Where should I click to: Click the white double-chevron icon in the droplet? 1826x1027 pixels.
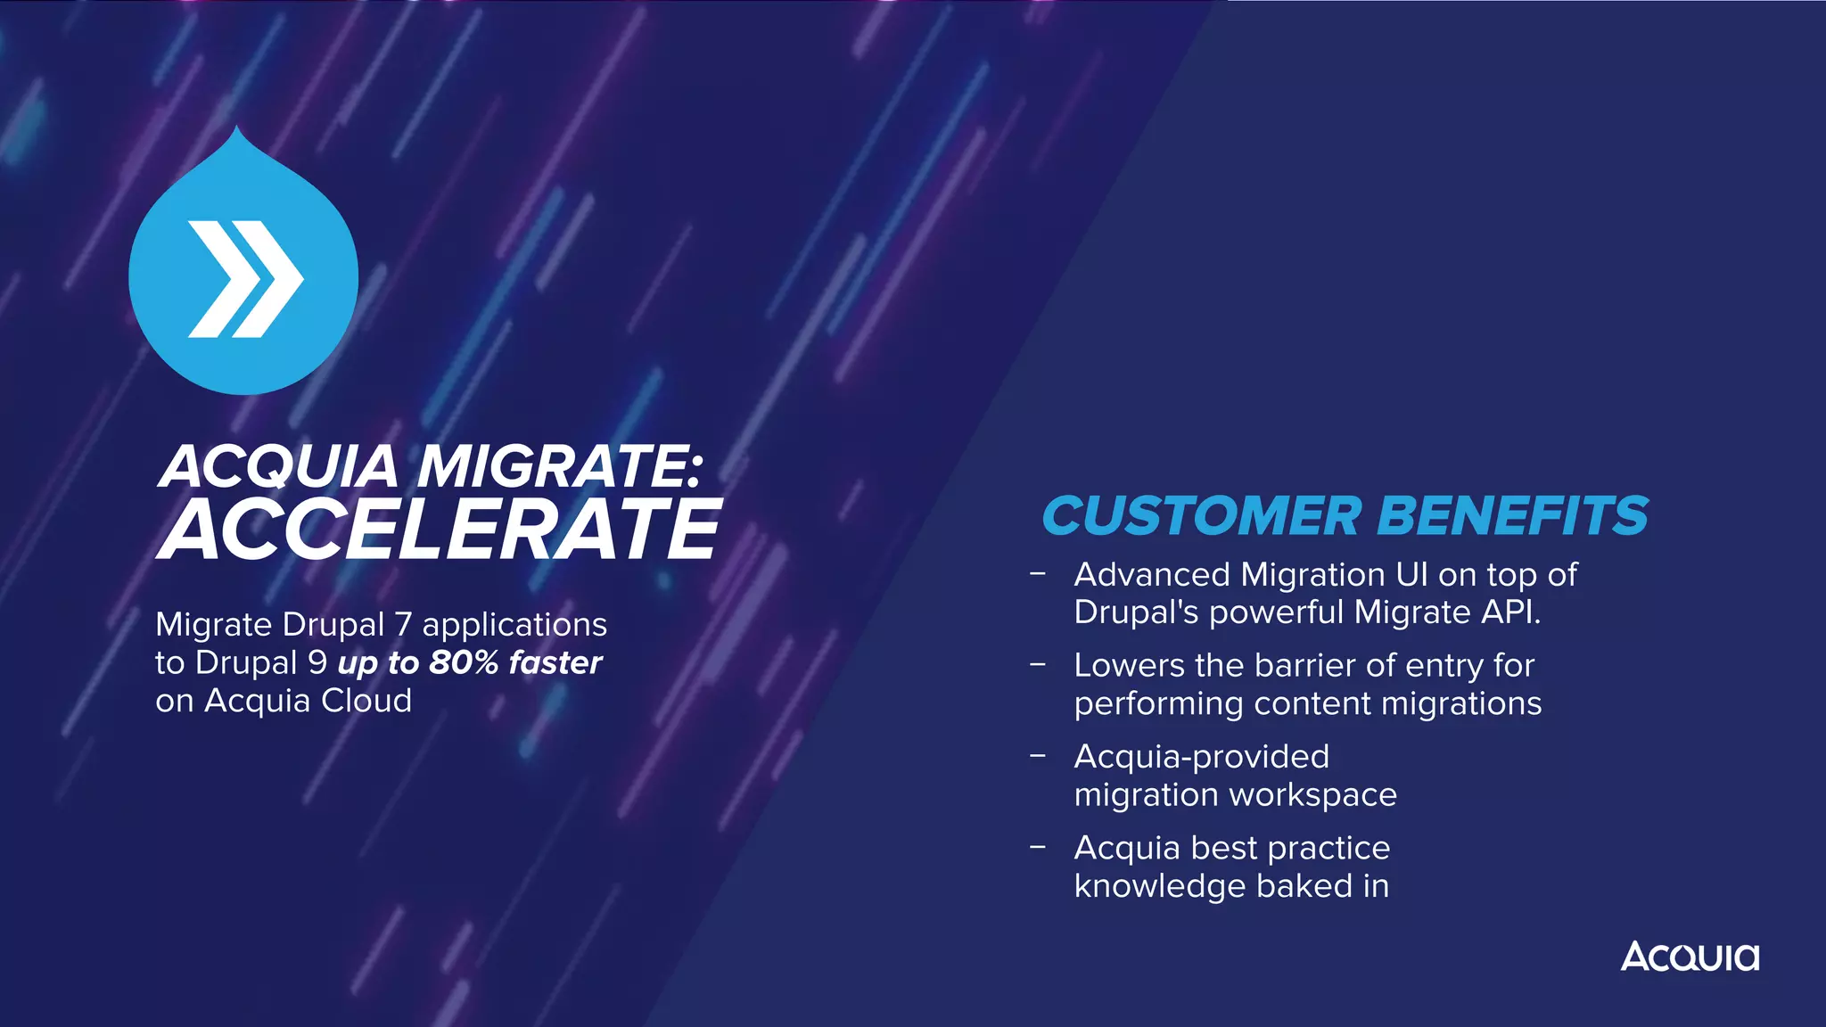[x=245, y=279]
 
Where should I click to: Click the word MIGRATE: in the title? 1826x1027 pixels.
[x=560, y=466]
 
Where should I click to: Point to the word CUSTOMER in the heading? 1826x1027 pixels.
[x=1202, y=516]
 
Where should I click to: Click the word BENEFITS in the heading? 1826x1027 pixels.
[x=1512, y=516]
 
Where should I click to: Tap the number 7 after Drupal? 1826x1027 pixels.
[x=402, y=625]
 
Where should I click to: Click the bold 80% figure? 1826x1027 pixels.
[x=463, y=663]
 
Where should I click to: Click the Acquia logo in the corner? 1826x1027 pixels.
[x=1690, y=957]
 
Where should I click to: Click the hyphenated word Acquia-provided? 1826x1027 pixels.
[x=1201, y=757]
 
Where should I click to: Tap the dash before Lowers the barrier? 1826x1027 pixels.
[x=1037, y=664]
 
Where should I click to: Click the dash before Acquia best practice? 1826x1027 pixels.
[x=1037, y=846]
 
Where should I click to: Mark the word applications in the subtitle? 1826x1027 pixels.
[x=514, y=625]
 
